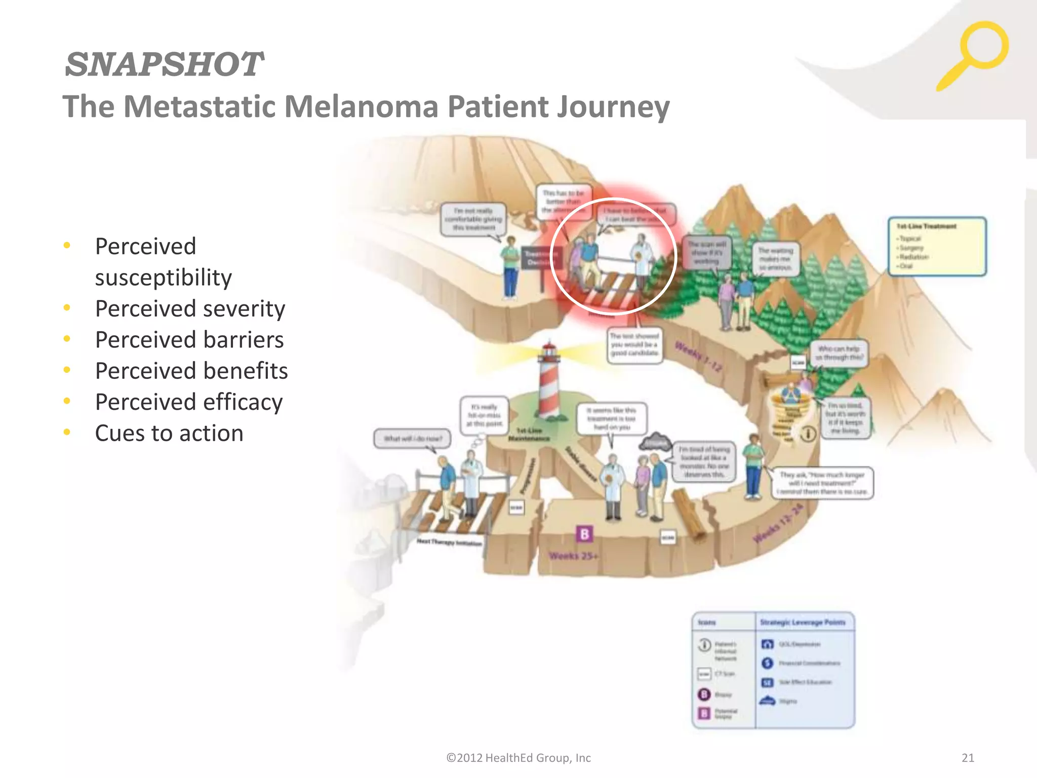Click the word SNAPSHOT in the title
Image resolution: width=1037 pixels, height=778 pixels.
pos(164,64)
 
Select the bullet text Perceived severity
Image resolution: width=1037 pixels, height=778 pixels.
pos(190,308)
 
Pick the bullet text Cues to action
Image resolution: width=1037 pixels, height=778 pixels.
pos(169,433)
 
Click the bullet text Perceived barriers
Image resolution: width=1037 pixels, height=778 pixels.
pos(189,340)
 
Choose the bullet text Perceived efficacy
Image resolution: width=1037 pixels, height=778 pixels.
pos(189,402)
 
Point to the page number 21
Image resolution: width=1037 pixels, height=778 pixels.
pos(968,758)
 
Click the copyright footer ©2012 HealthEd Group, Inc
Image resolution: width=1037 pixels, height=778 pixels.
pos(518,758)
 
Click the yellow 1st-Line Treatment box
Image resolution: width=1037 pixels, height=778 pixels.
pos(937,246)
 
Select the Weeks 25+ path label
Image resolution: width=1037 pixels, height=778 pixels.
pos(573,556)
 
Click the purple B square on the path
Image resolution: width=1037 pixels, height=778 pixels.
pos(584,534)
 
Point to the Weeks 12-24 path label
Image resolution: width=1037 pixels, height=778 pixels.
pos(778,525)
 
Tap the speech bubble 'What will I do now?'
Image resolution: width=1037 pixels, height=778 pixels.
pos(412,439)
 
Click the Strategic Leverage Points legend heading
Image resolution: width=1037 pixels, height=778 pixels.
pos(803,622)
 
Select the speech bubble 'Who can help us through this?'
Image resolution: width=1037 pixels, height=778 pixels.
pos(839,353)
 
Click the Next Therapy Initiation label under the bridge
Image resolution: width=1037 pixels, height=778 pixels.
pos(449,543)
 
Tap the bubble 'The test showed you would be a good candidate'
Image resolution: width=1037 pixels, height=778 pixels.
pos(634,344)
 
